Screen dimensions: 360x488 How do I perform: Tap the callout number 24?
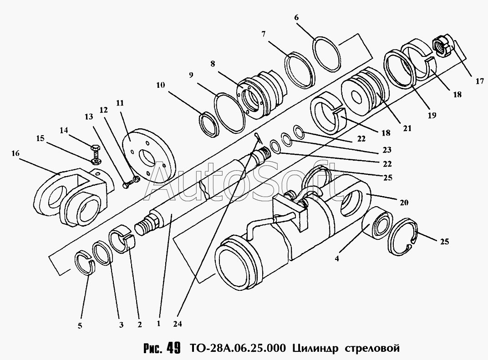click(178, 324)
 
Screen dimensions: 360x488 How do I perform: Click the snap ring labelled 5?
click(85, 264)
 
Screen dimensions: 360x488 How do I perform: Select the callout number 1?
click(158, 324)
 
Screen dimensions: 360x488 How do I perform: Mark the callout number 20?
click(404, 203)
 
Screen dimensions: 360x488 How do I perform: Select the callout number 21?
click(406, 129)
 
